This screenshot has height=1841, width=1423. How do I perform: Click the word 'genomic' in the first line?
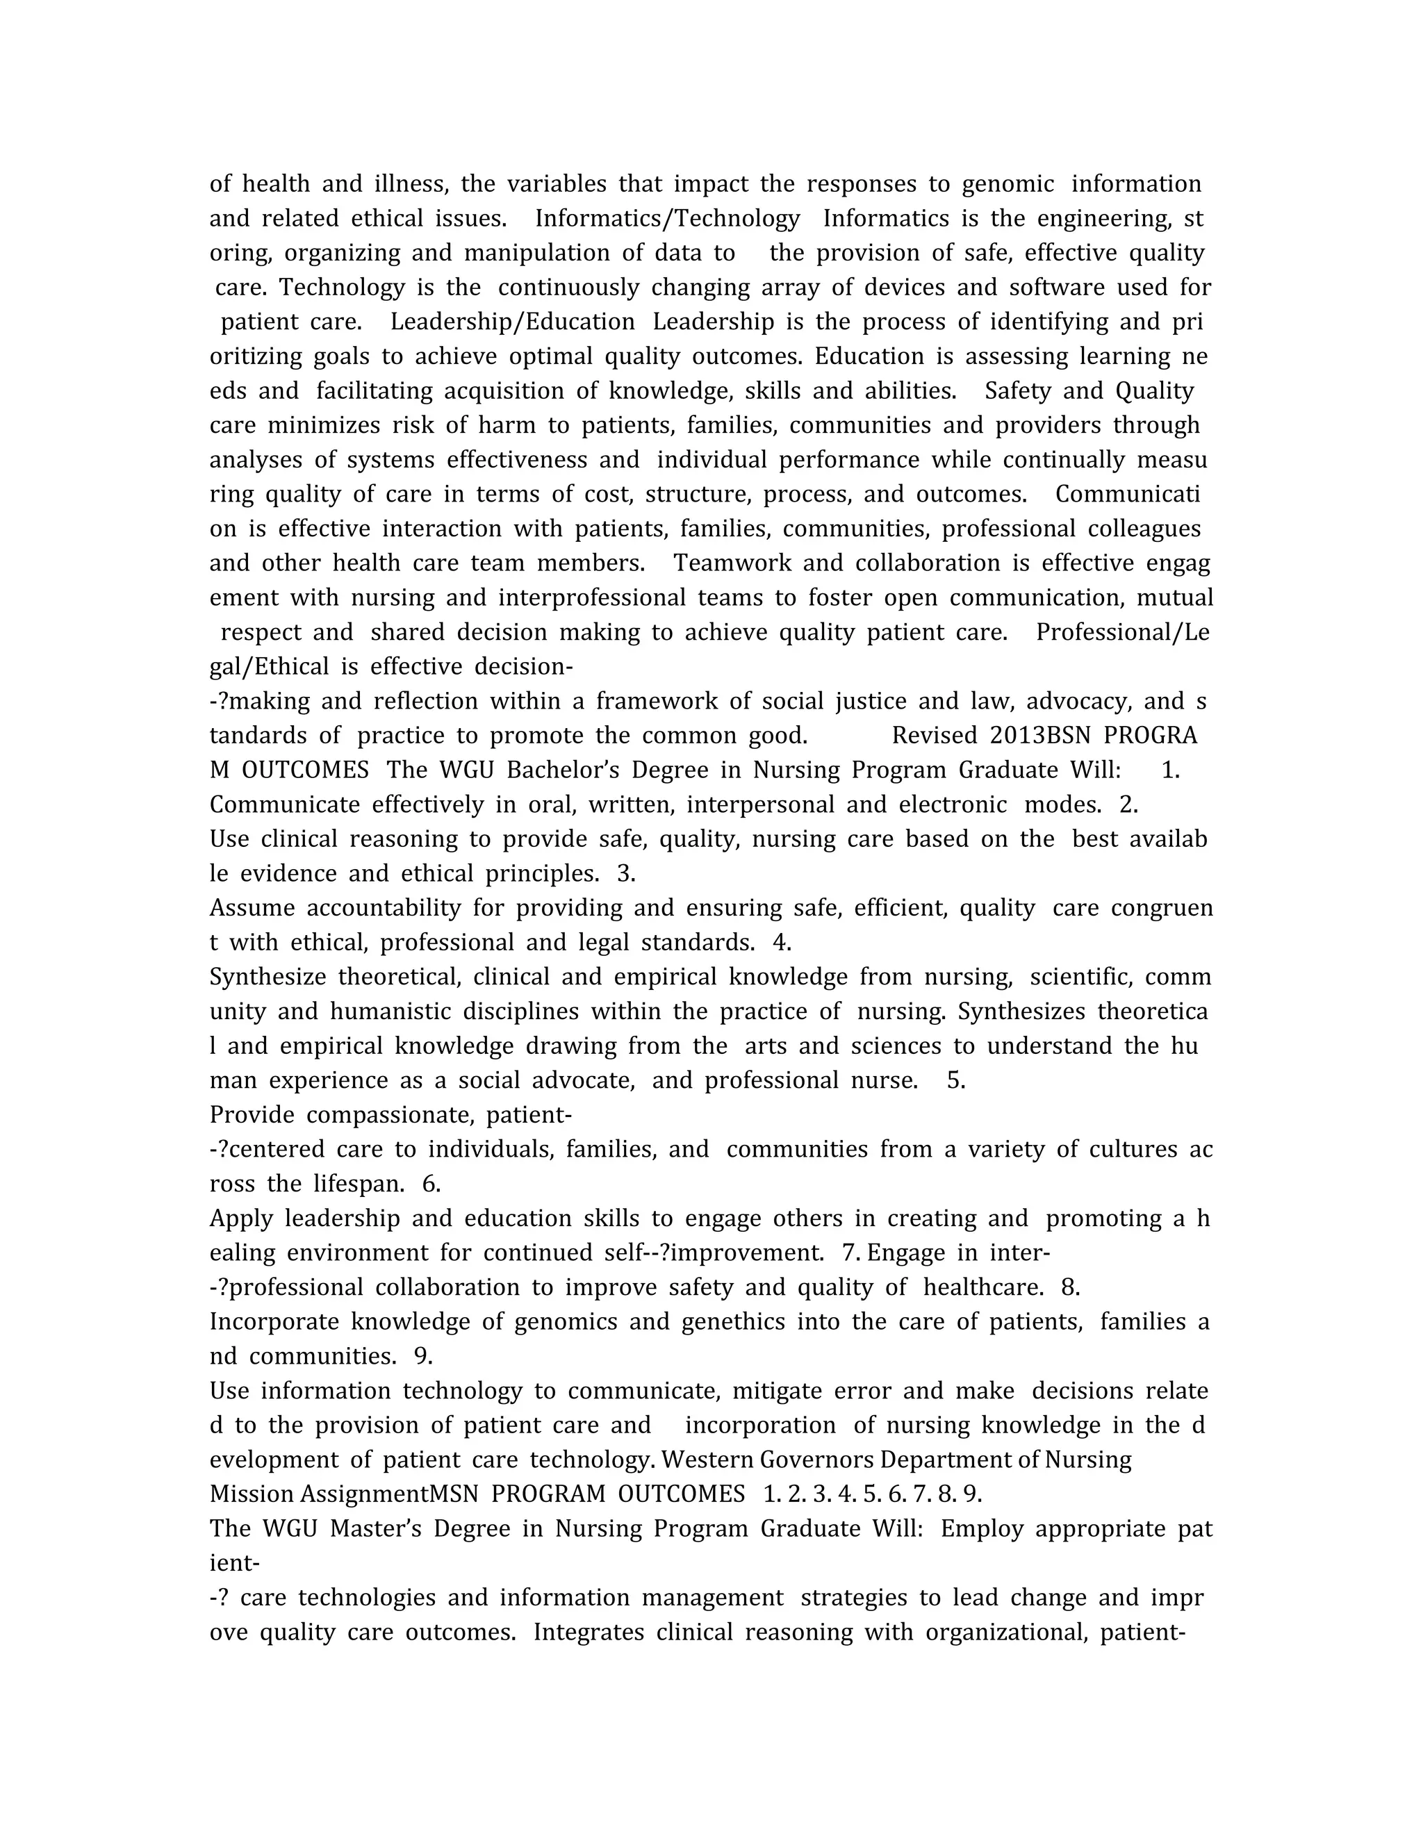tap(1007, 184)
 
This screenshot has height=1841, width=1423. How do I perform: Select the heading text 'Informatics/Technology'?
tap(667, 218)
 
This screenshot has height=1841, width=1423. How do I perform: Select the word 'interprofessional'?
tap(592, 597)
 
